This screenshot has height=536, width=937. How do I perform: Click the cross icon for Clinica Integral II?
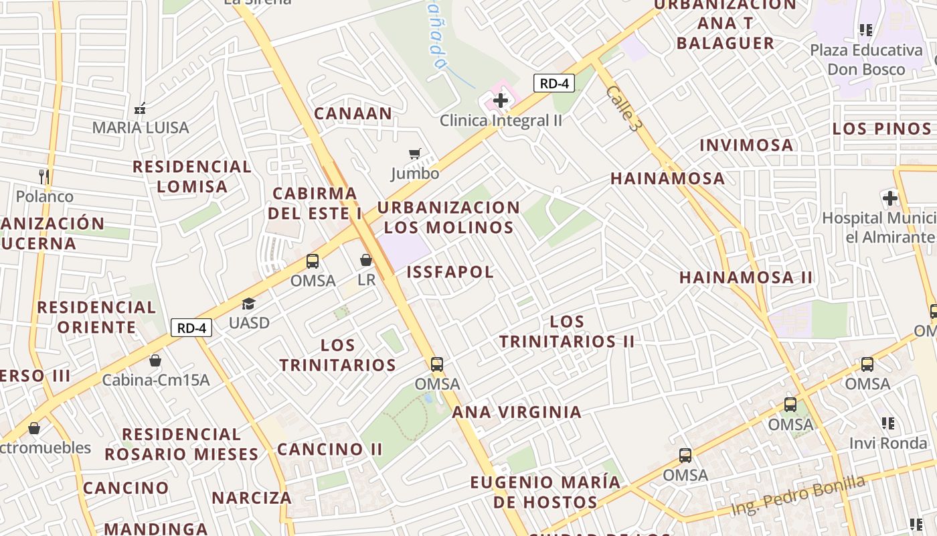[x=500, y=101]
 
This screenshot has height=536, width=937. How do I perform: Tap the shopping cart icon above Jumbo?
[x=415, y=154]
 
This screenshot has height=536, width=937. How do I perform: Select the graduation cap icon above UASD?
[x=249, y=304]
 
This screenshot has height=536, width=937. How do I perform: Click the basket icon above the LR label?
[x=366, y=260]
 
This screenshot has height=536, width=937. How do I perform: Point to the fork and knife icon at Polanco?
[x=44, y=176]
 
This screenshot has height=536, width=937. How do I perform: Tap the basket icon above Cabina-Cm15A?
[x=155, y=360]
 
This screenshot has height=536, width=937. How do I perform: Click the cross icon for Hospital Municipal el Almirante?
[x=889, y=198]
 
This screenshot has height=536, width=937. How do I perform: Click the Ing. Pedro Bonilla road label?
[x=797, y=496]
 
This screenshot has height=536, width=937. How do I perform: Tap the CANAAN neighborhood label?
[x=353, y=113]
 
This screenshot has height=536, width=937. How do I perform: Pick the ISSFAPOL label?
[x=450, y=271]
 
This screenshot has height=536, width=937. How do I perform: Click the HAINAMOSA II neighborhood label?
[x=746, y=277]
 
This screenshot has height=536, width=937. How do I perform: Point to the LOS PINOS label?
[x=881, y=129]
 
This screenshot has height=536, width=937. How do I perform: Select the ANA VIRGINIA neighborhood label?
[x=517, y=412]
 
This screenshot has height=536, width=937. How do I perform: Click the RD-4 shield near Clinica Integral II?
[x=553, y=84]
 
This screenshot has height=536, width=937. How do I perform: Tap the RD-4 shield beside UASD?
[x=191, y=328]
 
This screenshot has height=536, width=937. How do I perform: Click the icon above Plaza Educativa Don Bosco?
[x=866, y=30]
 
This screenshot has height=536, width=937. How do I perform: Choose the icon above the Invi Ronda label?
[x=888, y=423]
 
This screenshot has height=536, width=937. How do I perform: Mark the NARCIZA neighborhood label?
[x=252, y=498]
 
